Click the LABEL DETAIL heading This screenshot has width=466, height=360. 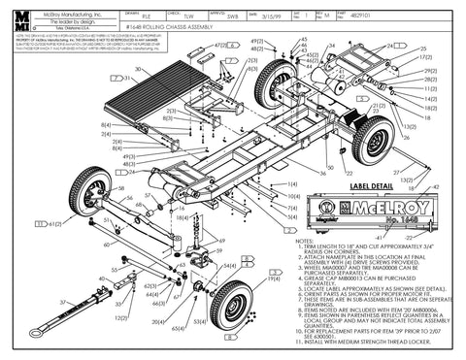tap(343, 184)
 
